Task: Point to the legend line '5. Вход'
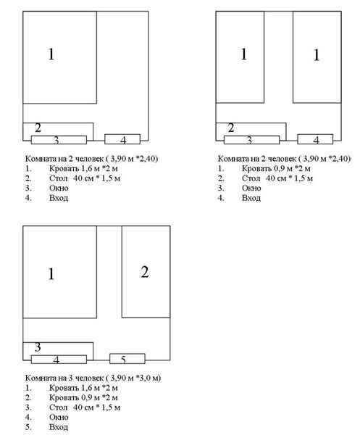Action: [46, 427]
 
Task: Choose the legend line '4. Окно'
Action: [46, 417]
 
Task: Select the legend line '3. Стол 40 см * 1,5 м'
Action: [72, 407]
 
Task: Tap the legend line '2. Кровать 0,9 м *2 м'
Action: [72, 397]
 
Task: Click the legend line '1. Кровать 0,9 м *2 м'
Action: [264, 168]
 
